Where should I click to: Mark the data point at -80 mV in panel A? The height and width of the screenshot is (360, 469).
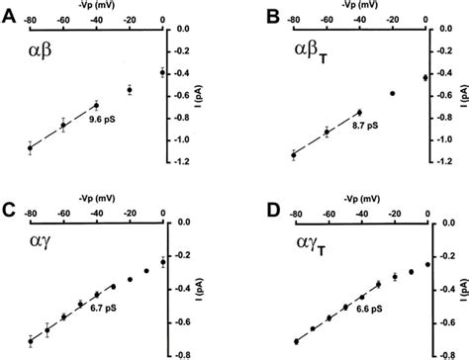pyautogui.click(x=30, y=148)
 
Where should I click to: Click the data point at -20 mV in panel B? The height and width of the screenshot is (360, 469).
pyautogui.click(x=393, y=94)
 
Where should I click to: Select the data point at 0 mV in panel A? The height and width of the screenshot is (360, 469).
pyautogui.click(x=162, y=72)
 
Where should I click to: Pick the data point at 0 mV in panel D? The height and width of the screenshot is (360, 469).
pyautogui.click(x=426, y=264)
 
